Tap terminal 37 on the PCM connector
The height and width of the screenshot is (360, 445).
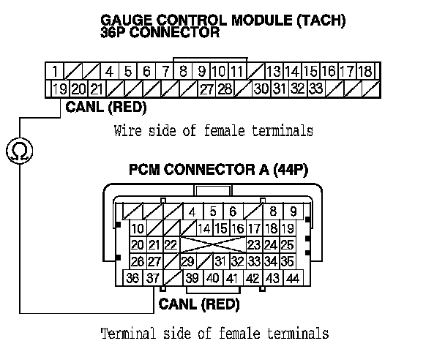coord(152,278)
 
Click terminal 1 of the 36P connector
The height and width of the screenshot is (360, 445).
coord(55,72)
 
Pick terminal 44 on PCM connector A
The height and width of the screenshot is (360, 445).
coord(293,278)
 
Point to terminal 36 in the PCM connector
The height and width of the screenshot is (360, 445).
coord(132,278)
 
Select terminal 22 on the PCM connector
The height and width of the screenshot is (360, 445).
coord(171,244)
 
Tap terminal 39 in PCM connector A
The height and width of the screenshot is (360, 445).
coord(192,278)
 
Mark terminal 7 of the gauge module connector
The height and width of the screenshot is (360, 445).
coord(166,72)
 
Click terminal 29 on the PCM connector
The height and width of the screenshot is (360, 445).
coord(187,261)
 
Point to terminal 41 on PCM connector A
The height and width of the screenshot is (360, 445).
coord(232,278)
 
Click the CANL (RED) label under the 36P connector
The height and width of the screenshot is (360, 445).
coord(106,108)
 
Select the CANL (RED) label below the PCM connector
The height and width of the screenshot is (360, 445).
coord(199,304)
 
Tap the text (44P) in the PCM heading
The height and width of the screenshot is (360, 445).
coord(291,170)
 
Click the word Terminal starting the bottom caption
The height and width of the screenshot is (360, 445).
coord(125,334)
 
